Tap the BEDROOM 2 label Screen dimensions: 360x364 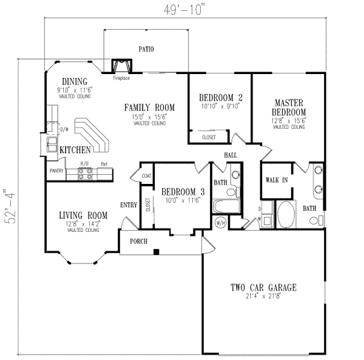[220, 97]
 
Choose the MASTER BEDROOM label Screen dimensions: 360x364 [289, 108]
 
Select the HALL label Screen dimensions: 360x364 [231, 155]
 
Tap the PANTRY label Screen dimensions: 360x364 [57, 172]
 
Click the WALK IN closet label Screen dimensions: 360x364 [277, 180]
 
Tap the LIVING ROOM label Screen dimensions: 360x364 [83, 216]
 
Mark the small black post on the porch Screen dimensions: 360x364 [156, 251]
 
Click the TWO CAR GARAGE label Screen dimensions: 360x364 [263, 287]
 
